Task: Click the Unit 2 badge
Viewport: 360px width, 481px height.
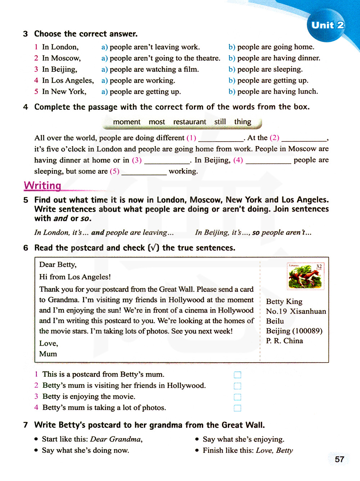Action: pyautogui.click(x=327, y=25)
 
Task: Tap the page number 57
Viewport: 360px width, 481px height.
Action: pyautogui.click(x=339, y=459)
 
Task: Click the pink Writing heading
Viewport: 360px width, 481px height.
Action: pyautogui.click(x=42, y=185)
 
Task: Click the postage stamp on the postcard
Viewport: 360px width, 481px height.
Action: pyautogui.click(x=306, y=276)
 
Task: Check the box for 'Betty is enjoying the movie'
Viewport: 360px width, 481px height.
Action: pyautogui.click(x=237, y=397)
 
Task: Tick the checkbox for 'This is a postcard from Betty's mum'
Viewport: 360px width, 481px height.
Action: pyautogui.click(x=237, y=375)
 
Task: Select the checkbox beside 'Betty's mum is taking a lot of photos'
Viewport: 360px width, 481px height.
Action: pyautogui.click(x=237, y=408)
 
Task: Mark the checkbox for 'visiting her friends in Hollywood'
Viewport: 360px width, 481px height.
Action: pyautogui.click(x=237, y=386)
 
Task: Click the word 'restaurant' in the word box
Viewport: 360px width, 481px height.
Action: pyautogui.click(x=190, y=122)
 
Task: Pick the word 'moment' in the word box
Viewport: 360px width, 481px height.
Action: pyautogui.click(x=127, y=122)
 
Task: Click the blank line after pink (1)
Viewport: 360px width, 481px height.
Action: pyautogui.click(x=221, y=139)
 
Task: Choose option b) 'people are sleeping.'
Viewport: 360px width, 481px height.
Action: pyautogui.click(x=269, y=69)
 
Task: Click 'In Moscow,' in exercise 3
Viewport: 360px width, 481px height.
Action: pyautogui.click(x=61, y=58)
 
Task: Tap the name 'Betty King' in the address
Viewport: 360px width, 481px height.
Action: pyautogui.click(x=284, y=301)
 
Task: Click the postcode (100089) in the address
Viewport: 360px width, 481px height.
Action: pyautogui.click(x=307, y=331)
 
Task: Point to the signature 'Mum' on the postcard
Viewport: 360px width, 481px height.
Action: pyautogui.click(x=48, y=354)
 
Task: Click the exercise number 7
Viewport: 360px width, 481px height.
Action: pyautogui.click(x=26, y=425)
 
